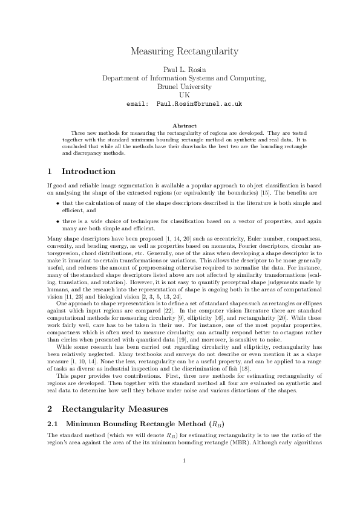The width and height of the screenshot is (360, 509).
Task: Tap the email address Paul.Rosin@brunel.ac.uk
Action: [x=199, y=104]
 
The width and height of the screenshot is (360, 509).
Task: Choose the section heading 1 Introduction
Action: [x=82, y=172]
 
